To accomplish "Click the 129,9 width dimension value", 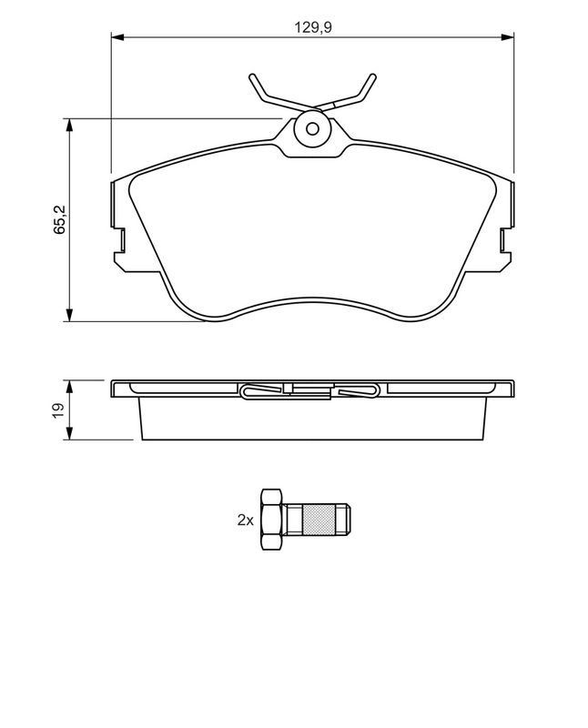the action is pos(313,27).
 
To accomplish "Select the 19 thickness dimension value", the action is pos(58,410).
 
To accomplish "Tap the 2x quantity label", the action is pos(245,520).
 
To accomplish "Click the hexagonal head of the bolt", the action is pos(272,520).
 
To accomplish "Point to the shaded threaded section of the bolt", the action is pos(319,520).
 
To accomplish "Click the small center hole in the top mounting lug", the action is pos(312,128).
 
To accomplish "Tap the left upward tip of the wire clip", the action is pos(252,76).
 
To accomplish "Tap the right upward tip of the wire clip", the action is pos(372,76).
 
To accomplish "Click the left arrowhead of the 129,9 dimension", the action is pos(117,36).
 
